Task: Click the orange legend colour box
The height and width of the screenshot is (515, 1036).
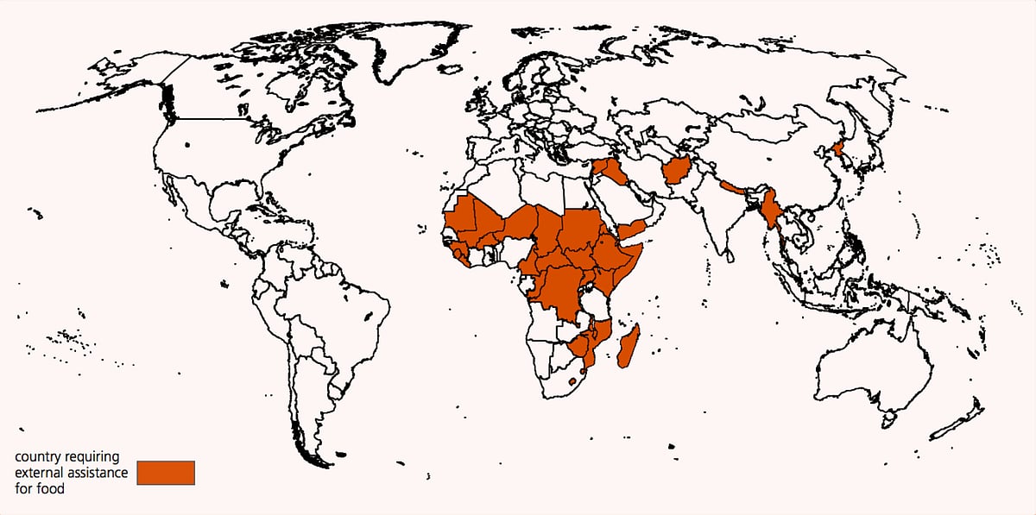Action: (166, 473)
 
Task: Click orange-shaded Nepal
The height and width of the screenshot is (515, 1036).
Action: (735, 187)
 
